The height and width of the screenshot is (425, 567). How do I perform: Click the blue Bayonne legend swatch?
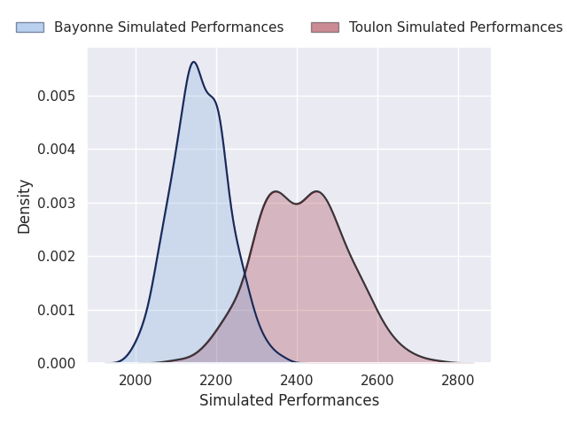click(x=29, y=27)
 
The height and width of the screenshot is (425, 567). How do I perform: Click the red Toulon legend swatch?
click(x=324, y=27)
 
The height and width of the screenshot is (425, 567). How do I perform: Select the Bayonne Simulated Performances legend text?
click(x=168, y=27)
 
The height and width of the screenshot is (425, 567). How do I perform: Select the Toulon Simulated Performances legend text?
click(x=455, y=27)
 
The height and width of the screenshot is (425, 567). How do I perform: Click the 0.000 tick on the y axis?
click(x=56, y=363)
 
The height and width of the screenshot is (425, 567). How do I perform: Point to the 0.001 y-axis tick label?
click(x=56, y=310)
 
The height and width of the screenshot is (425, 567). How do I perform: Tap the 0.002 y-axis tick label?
click(x=56, y=256)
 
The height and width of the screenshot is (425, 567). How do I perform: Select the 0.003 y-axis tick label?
click(x=56, y=203)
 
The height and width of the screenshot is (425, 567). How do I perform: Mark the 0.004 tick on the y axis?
click(x=56, y=149)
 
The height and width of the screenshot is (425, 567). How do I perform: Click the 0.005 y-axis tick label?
click(x=56, y=96)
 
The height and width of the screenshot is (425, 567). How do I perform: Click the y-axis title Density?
click(x=25, y=205)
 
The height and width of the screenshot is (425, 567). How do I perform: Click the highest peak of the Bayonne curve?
click(x=193, y=62)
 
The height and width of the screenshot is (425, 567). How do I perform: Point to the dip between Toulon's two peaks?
click(x=297, y=204)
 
